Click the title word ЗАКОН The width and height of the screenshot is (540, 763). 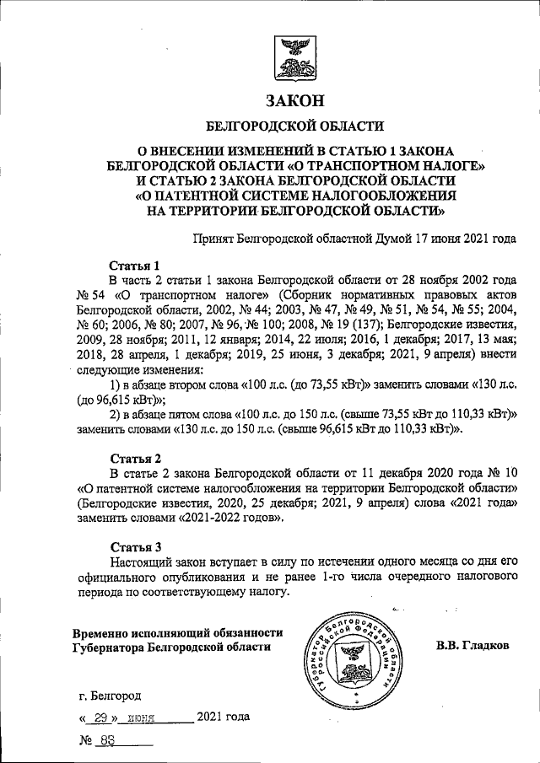(x=294, y=100)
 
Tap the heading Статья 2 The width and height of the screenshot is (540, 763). (x=134, y=459)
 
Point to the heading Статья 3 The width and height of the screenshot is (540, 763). (x=134, y=545)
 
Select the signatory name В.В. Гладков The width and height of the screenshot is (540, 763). (x=472, y=647)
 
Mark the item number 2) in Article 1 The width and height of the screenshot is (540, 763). (x=117, y=414)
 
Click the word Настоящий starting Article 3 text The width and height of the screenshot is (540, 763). (x=142, y=561)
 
